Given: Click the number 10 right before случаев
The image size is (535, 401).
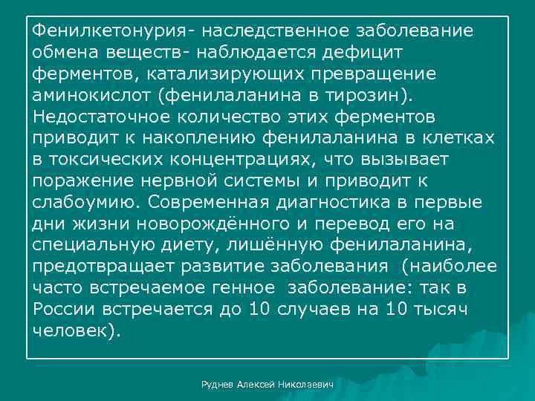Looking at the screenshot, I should [x=255, y=310].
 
